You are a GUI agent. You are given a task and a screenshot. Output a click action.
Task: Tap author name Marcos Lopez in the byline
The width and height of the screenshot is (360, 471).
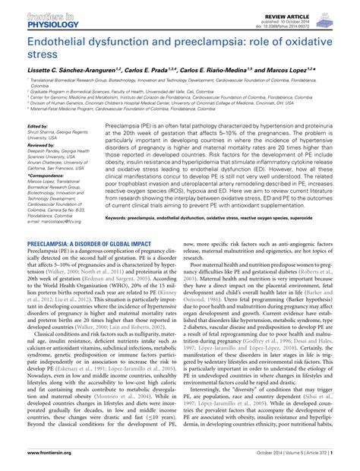click(300, 68)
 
